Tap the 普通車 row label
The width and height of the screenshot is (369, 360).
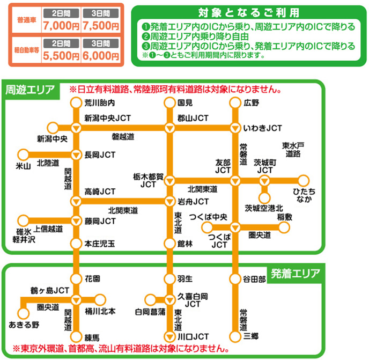(26, 20)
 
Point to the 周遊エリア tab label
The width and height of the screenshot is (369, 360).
(30, 89)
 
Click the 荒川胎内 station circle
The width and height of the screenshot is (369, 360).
(76, 102)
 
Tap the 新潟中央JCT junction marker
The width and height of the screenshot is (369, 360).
(76, 128)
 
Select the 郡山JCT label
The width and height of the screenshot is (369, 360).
(193, 118)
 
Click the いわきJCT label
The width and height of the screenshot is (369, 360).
(262, 128)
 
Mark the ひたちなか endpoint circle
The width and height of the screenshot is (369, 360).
(304, 180)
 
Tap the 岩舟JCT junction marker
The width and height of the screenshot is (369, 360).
(169, 202)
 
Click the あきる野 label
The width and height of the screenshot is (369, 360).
(24, 325)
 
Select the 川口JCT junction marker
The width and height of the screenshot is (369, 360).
(169, 336)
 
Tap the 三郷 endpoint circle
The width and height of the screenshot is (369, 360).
(234, 336)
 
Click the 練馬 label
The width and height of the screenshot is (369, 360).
(92, 337)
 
